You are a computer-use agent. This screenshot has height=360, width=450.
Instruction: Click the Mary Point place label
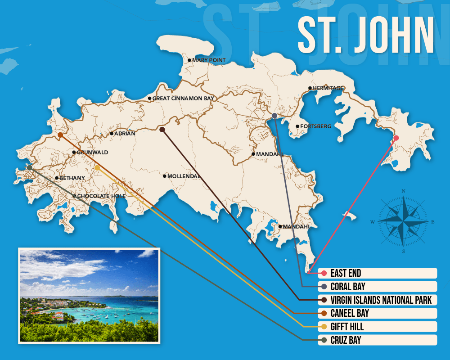[x=209, y=60]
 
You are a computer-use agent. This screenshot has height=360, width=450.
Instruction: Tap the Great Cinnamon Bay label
[x=182, y=98]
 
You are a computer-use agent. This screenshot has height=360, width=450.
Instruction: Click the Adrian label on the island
[x=125, y=134]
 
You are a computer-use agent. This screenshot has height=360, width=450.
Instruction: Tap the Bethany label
[x=72, y=178]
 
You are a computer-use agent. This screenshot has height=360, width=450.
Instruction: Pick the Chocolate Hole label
[x=101, y=196]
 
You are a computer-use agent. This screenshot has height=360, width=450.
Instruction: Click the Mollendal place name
[x=184, y=176]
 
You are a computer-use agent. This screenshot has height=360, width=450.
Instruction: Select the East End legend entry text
[x=346, y=273]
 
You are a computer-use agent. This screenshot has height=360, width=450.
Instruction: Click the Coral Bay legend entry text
[x=347, y=287]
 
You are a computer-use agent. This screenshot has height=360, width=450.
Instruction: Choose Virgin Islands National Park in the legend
[x=381, y=300]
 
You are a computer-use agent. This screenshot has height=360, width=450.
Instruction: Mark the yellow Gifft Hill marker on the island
[x=97, y=168]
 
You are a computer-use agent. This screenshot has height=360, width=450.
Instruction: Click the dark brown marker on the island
[x=162, y=130]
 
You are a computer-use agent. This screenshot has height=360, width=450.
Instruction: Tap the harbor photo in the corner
[x=89, y=295]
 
